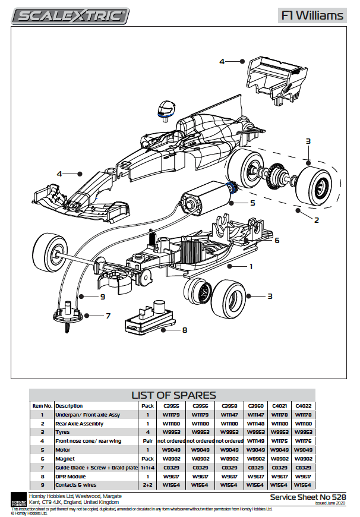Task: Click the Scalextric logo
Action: [x=72, y=16]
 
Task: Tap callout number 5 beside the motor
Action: [x=252, y=203]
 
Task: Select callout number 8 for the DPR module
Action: [x=185, y=330]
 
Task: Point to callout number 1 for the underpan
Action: [x=250, y=267]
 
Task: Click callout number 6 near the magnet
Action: [x=276, y=241]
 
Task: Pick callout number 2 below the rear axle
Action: [x=317, y=220]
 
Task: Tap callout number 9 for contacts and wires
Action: [x=102, y=296]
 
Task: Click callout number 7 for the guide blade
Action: [x=108, y=316]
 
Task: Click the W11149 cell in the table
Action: [x=257, y=441]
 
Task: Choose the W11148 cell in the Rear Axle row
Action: [x=257, y=424]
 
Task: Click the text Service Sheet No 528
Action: [x=307, y=496]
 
